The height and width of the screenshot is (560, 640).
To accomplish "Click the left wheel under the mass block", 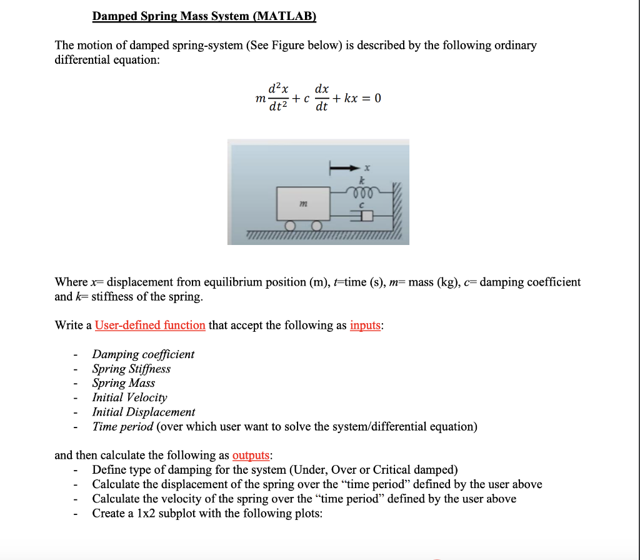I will [291, 226].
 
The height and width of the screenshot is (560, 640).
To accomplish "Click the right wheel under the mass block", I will [317, 226].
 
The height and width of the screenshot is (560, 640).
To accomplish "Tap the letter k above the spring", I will [361, 179].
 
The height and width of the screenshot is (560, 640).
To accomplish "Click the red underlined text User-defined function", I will [150, 325].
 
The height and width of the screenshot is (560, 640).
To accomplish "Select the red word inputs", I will [365, 325].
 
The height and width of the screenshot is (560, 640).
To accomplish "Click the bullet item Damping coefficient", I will [143, 354].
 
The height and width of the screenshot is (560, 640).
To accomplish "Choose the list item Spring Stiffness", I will [131, 369].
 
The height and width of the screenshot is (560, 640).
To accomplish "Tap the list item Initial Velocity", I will [129, 397].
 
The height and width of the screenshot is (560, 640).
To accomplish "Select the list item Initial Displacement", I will [143, 412].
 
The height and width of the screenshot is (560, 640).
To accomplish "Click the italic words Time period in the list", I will [122, 426].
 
